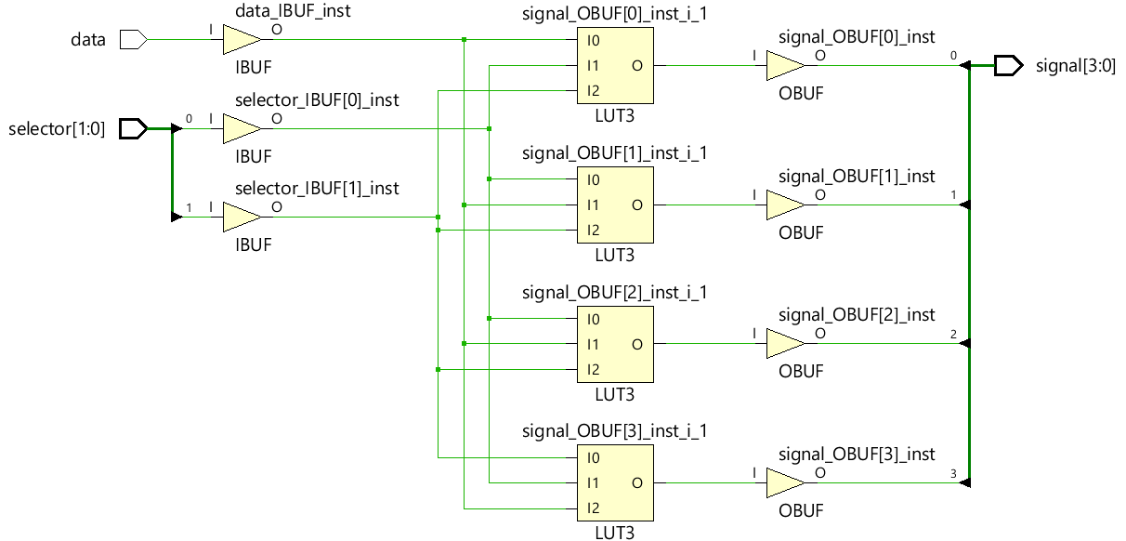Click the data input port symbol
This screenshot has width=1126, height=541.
point(134,40)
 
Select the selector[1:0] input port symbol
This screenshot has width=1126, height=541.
point(134,128)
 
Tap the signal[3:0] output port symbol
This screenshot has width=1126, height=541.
point(1008,65)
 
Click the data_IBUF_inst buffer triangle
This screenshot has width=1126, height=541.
point(242,40)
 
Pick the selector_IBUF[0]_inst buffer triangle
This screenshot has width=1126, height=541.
point(242,128)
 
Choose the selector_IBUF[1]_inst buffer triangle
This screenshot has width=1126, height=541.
point(242,218)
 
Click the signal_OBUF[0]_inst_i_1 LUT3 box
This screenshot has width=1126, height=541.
point(615,65)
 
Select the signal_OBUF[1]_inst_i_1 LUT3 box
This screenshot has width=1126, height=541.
point(615,205)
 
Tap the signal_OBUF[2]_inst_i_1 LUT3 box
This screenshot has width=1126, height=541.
point(615,345)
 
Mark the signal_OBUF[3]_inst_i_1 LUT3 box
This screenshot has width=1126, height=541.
point(615,482)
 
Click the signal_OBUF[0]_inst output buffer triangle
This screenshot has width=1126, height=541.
point(786,65)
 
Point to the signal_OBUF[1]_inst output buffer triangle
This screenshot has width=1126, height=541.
point(786,205)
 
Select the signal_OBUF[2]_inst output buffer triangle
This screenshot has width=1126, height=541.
point(786,344)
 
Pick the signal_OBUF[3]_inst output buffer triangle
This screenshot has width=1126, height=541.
point(786,483)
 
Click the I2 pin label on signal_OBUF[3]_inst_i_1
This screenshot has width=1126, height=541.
point(593,508)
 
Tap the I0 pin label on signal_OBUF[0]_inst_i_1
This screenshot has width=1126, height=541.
point(593,41)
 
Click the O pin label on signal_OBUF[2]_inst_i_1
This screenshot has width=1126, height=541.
point(637,345)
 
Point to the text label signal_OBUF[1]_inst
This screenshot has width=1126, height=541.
point(857,177)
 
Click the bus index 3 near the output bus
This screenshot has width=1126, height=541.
point(953,473)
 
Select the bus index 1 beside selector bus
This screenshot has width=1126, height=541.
point(189,207)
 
